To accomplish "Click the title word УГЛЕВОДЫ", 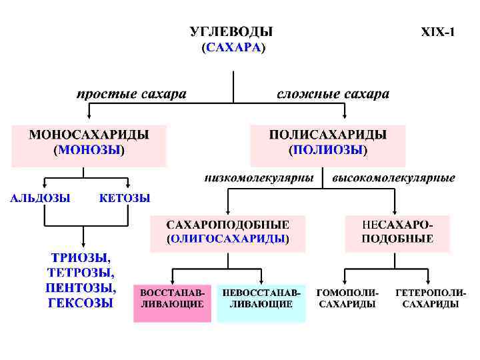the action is [232, 31].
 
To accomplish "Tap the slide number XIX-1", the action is [438, 31].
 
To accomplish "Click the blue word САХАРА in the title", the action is [232, 47].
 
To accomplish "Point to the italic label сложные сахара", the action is [333, 94].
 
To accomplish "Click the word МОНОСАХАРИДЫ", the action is [89, 135].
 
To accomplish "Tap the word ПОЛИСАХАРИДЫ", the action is [327, 135].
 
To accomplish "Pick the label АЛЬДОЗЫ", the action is [40, 198].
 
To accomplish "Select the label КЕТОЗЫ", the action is [125, 198].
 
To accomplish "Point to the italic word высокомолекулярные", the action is [393, 178].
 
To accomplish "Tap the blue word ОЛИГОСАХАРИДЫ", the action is [227, 238].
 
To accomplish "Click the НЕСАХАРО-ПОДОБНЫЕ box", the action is [397, 232].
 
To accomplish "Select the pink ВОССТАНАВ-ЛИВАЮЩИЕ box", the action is [173, 299].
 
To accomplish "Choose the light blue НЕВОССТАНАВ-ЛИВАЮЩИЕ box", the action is [261, 299].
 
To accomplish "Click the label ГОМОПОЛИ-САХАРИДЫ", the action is [347, 299].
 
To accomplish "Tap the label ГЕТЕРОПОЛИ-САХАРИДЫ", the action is [431, 299].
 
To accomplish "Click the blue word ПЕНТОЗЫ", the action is [81, 288].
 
